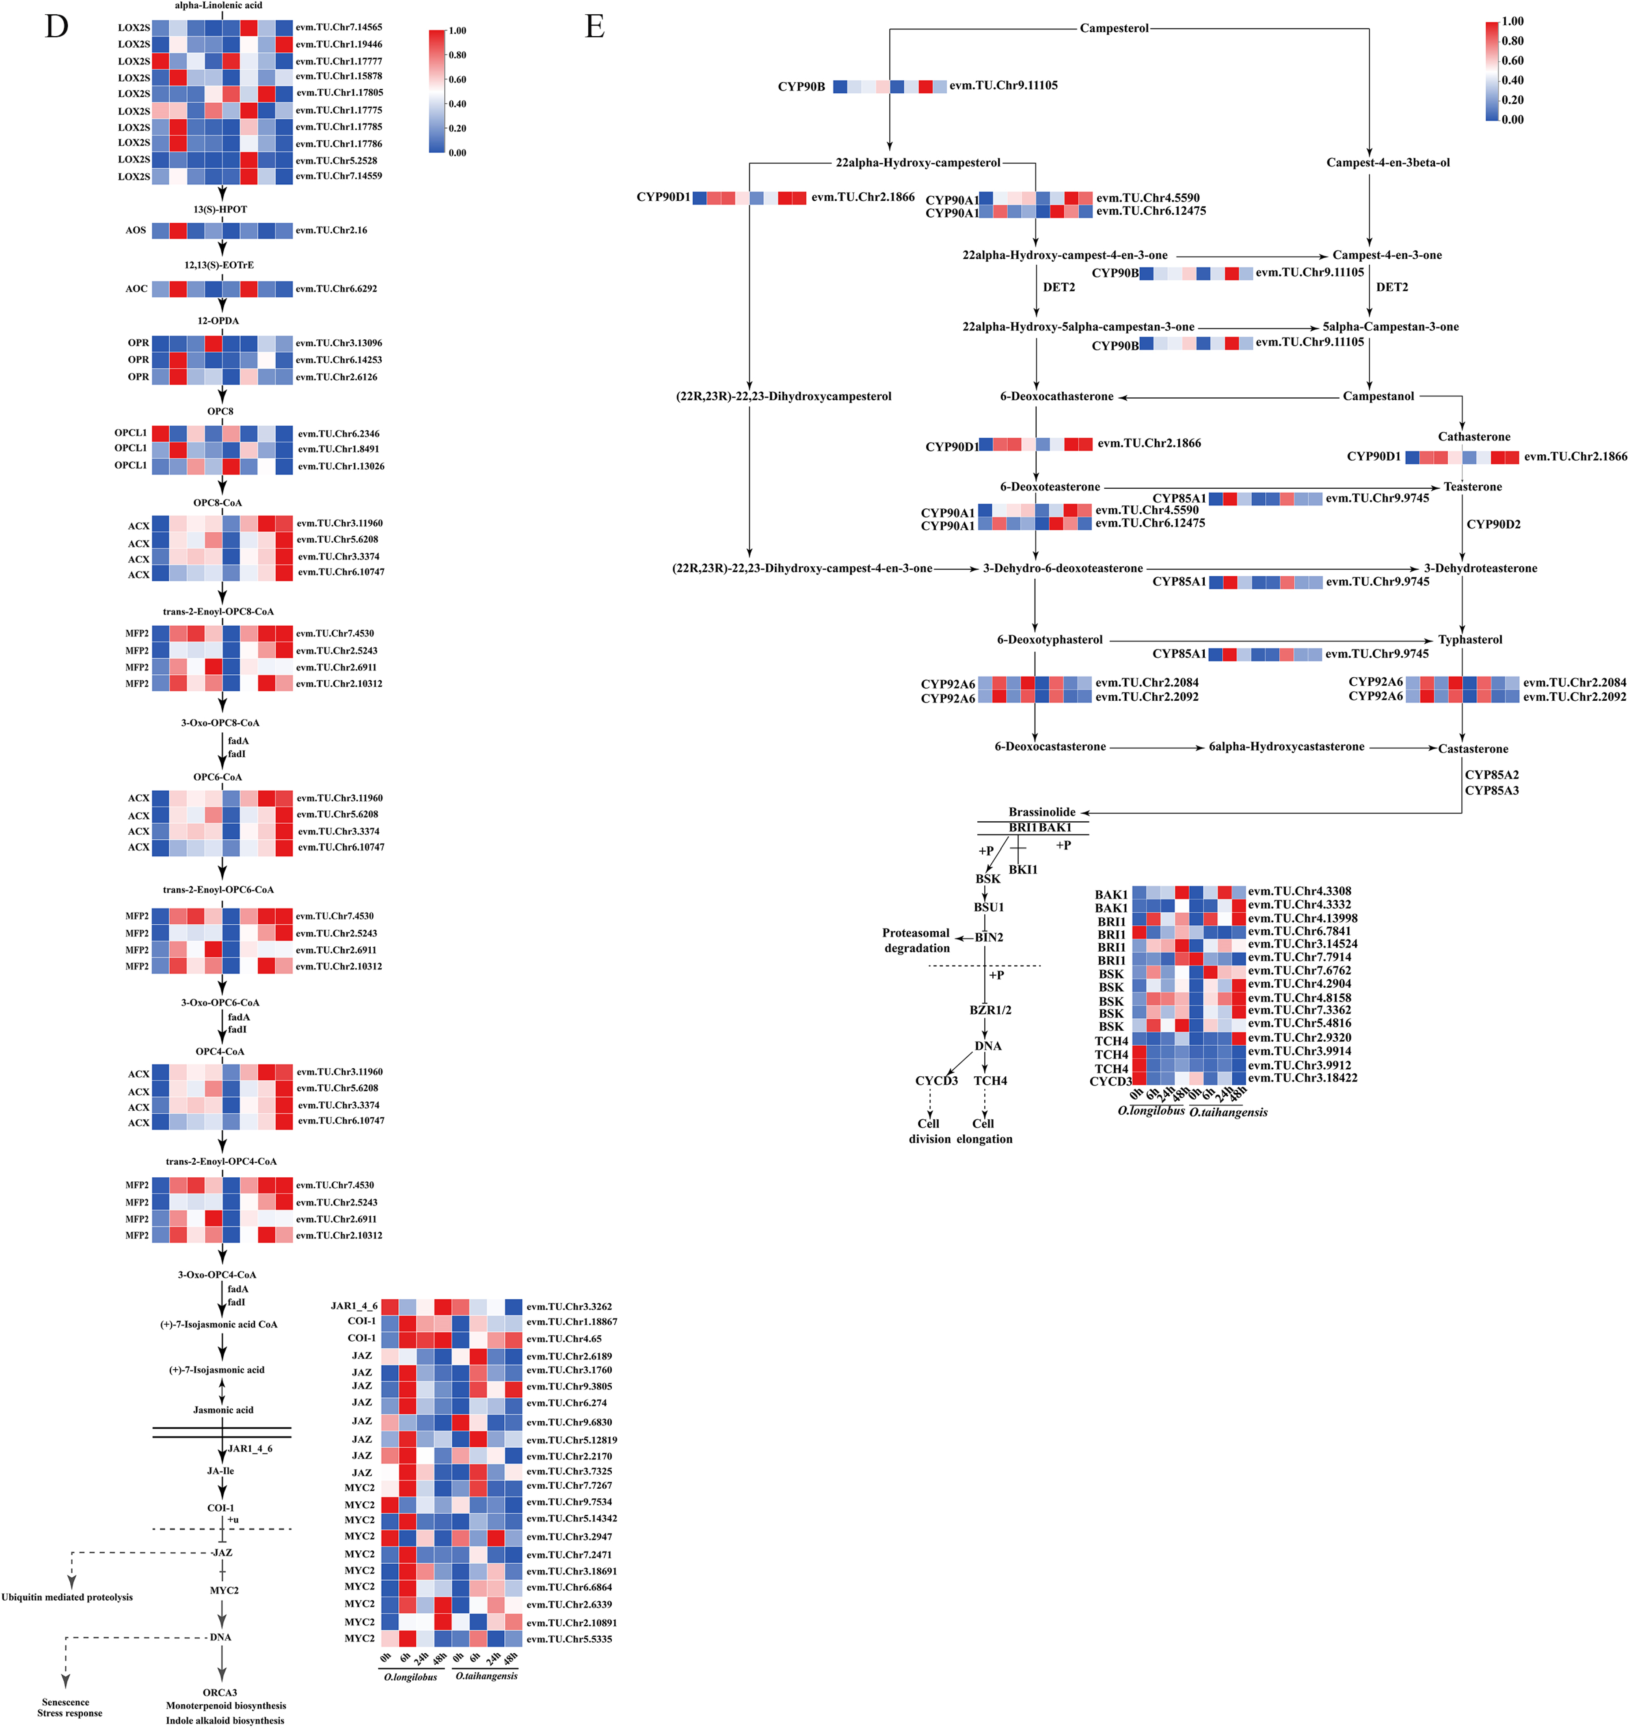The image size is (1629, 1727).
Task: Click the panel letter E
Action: (594, 27)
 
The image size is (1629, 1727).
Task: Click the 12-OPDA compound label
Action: (218, 321)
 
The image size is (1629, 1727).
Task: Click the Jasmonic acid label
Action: (223, 1410)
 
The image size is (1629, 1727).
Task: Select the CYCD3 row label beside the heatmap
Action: (1110, 1082)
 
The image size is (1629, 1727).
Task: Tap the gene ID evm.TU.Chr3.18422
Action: (1302, 1078)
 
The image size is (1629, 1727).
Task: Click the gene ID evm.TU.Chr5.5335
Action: (569, 1639)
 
